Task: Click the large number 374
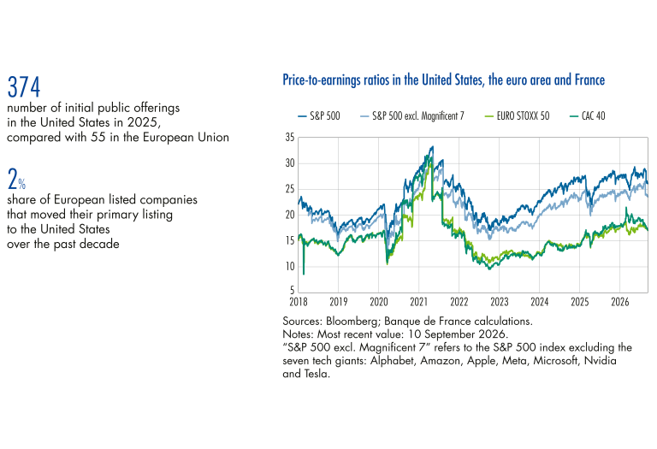(x=24, y=87)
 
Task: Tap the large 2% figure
(x=16, y=179)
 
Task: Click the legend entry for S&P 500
(x=319, y=116)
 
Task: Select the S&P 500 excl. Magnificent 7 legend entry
(x=412, y=116)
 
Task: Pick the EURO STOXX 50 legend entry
(x=517, y=116)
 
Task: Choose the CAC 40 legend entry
(x=588, y=116)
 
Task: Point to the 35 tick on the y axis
(x=290, y=138)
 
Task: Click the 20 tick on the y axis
(x=290, y=215)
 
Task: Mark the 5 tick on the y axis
(x=292, y=290)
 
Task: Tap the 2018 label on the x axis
(x=299, y=302)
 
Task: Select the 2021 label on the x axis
(x=418, y=302)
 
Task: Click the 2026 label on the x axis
(x=619, y=302)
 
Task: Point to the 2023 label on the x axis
(x=499, y=302)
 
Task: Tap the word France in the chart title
(x=589, y=80)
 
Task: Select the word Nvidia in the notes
(x=600, y=361)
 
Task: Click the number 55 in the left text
(x=98, y=138)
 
